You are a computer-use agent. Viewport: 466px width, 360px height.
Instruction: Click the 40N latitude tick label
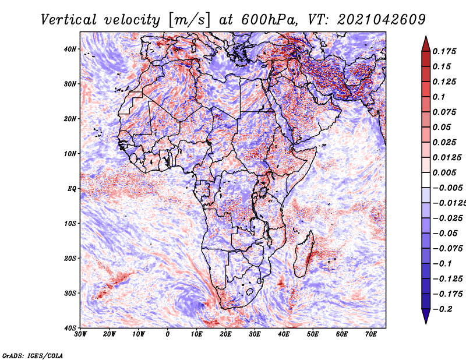tap(70, 49)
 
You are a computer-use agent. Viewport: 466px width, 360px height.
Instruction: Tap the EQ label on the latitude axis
tap(72, 189)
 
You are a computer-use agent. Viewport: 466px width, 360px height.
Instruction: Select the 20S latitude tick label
tap(70, 258)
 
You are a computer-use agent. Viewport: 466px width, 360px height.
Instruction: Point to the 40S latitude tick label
tap(70, 328)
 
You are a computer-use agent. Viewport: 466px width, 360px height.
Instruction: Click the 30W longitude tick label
tap(80, 334)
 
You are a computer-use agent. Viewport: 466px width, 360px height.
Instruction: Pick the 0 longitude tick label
tap(168, 334)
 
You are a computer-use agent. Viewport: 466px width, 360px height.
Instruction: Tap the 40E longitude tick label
tap(284, 334)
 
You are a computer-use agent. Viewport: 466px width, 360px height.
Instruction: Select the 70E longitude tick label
tap(371, 334)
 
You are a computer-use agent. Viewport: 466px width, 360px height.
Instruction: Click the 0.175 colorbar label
tap(444, 51)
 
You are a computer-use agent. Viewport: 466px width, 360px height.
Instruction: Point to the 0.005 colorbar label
tap(444, 172)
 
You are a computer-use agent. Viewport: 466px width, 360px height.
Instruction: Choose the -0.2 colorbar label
tap(443, 309)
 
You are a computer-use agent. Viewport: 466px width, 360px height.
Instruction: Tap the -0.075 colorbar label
tap(448, 249)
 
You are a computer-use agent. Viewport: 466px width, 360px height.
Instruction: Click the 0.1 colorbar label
tap(439, 97)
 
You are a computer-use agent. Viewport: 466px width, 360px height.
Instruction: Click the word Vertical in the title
tap(69, 20)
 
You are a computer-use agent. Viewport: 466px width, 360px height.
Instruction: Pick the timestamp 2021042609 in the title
tap(382, 20)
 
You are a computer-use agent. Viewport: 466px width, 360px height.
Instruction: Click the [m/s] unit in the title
tap(189, 20)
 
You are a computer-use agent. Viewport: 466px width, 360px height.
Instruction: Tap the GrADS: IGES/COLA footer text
tap(33, 356)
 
